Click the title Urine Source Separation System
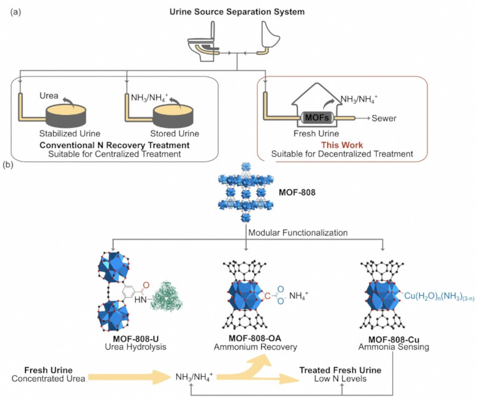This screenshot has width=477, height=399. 238,11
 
